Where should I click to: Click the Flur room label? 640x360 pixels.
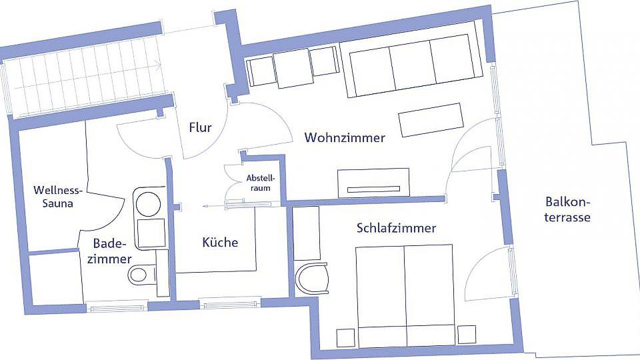(x=200, y=127)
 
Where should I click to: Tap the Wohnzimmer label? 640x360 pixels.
(x=345, y=137)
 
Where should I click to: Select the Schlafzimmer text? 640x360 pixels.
(x=396, y=228)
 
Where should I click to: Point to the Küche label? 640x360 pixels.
(x=220, y=242)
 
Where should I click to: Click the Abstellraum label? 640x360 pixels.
(x=261, y=183)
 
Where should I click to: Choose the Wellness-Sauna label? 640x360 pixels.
(x=58, y=197)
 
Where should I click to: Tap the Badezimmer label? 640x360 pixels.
(x=109, y=251)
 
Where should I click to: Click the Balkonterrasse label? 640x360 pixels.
(x=567, y=209)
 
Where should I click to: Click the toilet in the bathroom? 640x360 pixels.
(x=143, y=273)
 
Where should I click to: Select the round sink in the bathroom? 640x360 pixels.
(x=148, y=204)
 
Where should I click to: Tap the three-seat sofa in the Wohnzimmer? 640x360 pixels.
(x=411, y=65)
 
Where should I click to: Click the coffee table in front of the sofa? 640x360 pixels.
(x=431, y=119)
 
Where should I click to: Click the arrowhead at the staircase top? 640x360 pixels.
(x=157, y=64)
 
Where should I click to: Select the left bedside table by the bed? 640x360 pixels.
(x=346, y=337)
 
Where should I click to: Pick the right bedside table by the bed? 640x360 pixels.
(x=467, y=335)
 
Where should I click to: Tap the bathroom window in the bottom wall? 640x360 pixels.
(x=117, y=306)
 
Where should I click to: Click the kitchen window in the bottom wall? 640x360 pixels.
(x=230, y=303)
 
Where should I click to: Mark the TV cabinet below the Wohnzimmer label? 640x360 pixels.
(x=373, y=183)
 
